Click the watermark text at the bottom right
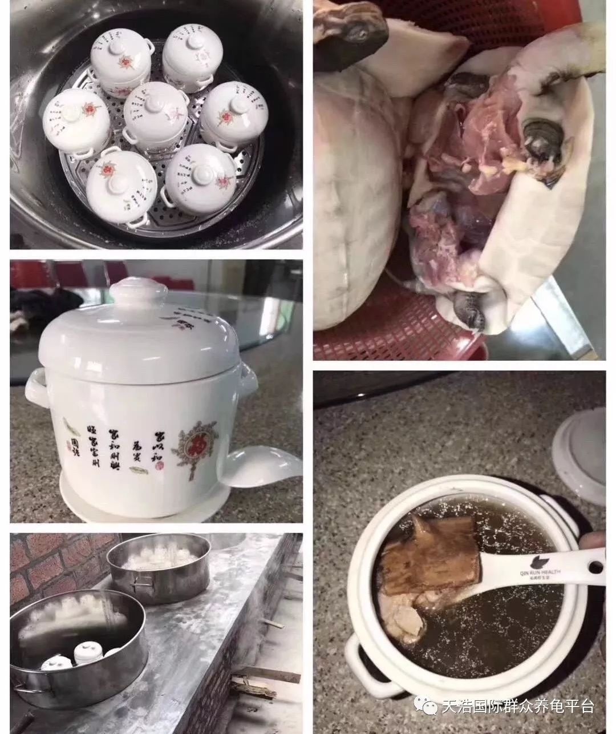(517, 707)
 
